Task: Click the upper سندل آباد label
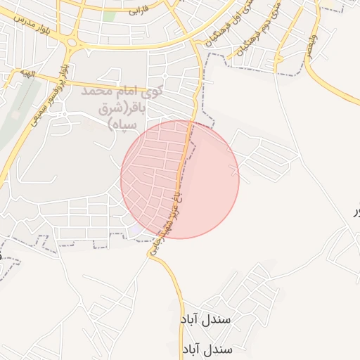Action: [207, 319]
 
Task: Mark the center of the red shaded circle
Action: [180, 179]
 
